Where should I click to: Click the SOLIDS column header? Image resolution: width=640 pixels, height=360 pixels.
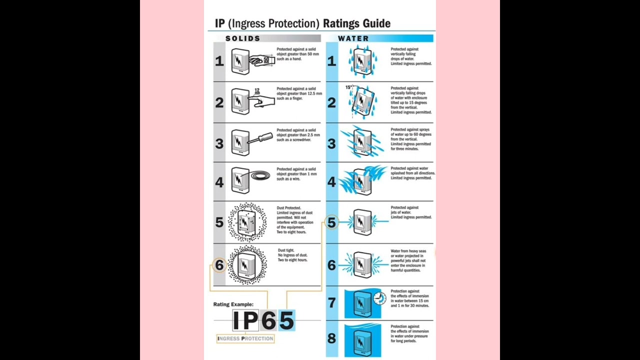(x=243, y=38)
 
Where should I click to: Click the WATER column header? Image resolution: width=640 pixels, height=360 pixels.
(x=353, y=38)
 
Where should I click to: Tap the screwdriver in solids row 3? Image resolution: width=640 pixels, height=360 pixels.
(x=261, y=139)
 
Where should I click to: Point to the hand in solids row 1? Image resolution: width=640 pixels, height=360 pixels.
(x=261, y=60)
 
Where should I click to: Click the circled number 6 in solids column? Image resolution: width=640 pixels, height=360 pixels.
(x=219, y=265)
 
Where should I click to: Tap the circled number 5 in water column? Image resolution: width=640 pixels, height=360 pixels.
(x=331, y=222)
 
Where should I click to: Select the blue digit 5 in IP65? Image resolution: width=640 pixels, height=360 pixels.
(x=286, y=320)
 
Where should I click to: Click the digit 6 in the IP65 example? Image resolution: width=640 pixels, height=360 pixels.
(x=268, y=320)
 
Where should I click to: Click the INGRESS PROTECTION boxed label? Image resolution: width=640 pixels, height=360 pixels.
(x=245, y=338)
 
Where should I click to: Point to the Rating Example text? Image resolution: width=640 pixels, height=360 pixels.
(x=233, y=304)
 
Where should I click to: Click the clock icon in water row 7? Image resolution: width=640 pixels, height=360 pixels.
(x=379, y=297)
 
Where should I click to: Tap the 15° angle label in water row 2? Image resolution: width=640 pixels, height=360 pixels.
(x=348, y=87)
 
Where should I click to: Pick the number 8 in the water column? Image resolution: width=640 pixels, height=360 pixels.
(x=331, y=338)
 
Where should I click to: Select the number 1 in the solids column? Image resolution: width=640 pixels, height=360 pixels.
(x=219, y=61)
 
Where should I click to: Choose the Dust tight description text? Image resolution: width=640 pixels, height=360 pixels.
(x=292, y=255)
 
